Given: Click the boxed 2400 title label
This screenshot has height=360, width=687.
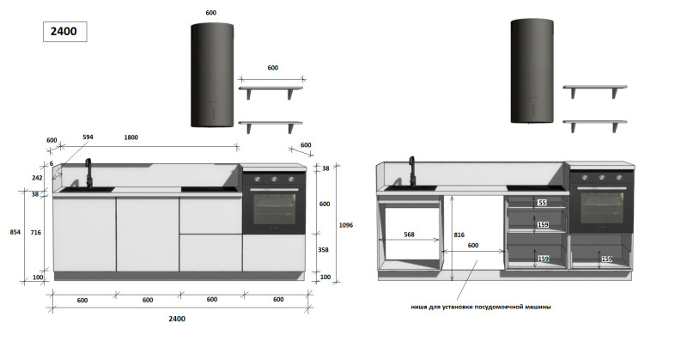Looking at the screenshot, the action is pos(64,32).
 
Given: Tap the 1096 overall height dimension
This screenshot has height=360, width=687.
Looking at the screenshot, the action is pos(346,225).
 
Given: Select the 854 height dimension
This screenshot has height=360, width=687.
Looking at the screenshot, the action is pos(15,232).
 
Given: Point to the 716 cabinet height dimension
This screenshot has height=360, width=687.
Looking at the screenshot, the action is pos(36,232).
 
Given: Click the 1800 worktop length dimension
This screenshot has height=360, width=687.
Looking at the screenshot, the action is pos(131,137).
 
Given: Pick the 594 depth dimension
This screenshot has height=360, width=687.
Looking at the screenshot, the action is pos(88,137).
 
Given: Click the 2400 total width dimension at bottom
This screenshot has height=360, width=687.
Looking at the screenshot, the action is pos(177,319).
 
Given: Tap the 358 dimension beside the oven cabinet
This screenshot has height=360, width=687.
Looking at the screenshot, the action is pos(324,250).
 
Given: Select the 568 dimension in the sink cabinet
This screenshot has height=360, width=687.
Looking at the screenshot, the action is pos(409,235).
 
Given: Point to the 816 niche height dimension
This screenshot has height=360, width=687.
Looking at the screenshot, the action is pos(459,235).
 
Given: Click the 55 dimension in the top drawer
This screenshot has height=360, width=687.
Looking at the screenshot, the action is pos(543,203).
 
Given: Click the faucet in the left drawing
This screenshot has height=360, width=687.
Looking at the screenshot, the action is pos(88,174).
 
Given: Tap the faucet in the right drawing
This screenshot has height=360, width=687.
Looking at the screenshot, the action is pos(412,172).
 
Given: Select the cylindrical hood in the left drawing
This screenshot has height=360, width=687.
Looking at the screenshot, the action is pos(212,76).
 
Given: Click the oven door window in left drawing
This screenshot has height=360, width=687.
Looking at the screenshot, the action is pos(274,209).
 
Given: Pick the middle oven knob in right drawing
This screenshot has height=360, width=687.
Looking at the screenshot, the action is pos(602,178).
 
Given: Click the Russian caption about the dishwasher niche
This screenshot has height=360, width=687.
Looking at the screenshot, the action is pos(481,307).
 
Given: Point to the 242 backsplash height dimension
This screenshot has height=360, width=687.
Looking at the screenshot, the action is pos(37,178).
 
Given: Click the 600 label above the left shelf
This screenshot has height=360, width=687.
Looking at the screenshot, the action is pos(272,68).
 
